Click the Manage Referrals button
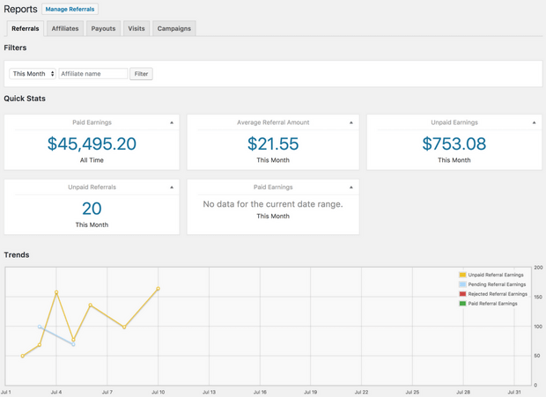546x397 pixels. point(70,9)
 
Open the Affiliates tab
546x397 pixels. point(65,28)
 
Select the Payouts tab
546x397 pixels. point(103,28)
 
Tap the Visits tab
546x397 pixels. point(136,28)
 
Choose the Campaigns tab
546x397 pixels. point(173,28)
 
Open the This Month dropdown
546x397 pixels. point(33,74)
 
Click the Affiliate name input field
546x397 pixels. point(93,74)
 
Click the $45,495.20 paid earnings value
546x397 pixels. point(92,143)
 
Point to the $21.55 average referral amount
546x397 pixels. point(273,143)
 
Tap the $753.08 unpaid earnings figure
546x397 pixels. point(454,143)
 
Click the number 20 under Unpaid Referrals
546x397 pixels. point(92,209)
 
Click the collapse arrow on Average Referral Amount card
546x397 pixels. point(351,123)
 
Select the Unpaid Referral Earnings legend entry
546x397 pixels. point(495,275)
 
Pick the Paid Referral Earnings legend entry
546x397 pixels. point(492,304)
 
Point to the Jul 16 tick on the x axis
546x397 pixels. point(260,392)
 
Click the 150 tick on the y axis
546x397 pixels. point(538,297)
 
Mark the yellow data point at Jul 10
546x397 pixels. point(159,289)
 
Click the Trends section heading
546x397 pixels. point(17,254)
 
